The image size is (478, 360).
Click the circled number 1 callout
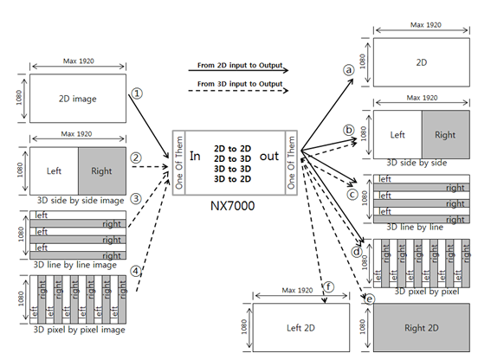click(x=137, y=93)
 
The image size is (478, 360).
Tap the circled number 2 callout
click(x=136, y=157)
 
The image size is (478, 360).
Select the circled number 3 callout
click(x=136, y=199)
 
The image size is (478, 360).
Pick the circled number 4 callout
click(x=136, y=271)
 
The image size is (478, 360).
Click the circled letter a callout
click(x=349, y=70)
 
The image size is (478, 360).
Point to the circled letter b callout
click(x=349, y=130)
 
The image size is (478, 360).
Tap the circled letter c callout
click(x=352, y=195)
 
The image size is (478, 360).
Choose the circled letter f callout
click(x=329, y=287)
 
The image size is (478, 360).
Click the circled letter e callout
click(x=370, y=299)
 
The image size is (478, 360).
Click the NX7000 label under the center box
click(x=233, y=206)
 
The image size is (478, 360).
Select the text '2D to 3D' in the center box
click(x=232, y=158)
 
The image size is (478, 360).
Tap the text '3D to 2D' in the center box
click(x=232, y=179)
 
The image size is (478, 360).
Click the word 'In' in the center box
click(x=195, y=156)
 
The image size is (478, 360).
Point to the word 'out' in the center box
click(x=269, y=157)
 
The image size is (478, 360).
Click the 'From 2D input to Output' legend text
click(x=240, y=65)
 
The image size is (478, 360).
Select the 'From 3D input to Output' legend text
click(x=240, y=84)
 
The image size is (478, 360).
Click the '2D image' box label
click(x=78, y=99)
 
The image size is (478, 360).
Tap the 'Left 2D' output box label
click(x=300, y=328)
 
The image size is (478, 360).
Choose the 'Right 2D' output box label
click(x=422, y=328)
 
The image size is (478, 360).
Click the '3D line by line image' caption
click(x=75, y=265)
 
